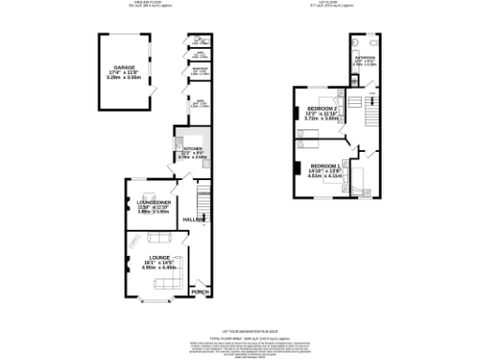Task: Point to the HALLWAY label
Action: (193, 219)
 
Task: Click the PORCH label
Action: (199, 292)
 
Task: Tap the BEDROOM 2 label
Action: (322, 110)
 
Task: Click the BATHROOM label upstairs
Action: (365, 58)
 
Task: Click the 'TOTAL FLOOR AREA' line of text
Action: (239, 336)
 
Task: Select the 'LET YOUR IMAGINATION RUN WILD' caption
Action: (239, 322)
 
